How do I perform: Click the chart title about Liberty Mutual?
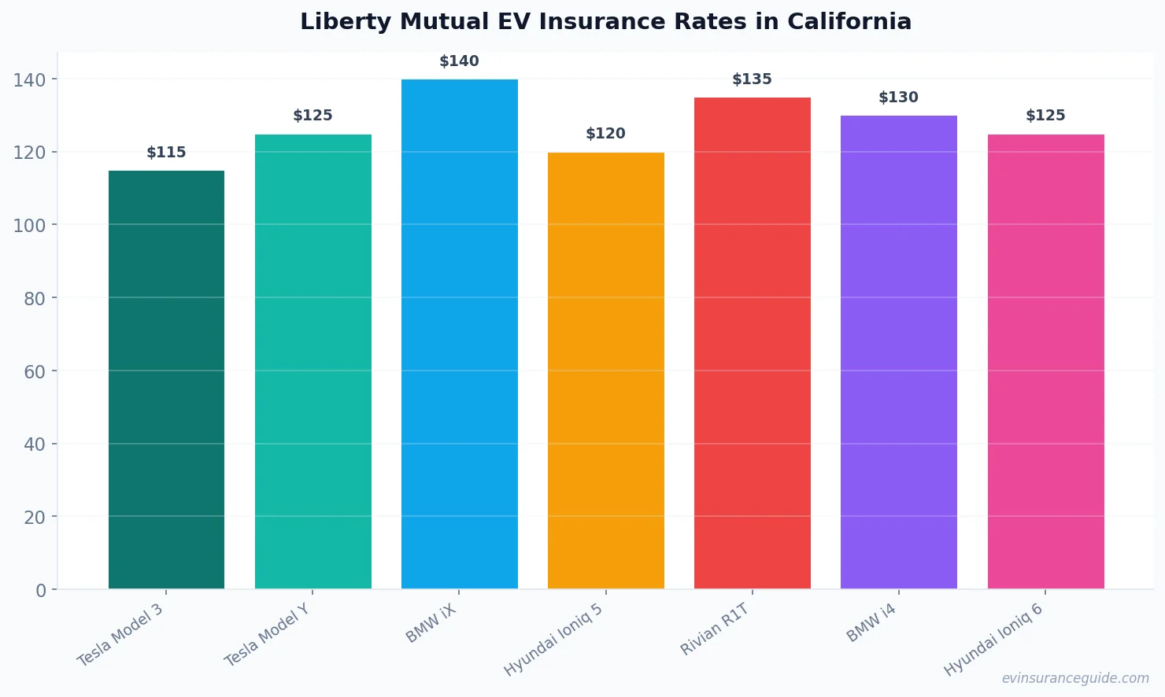tap(605, 21)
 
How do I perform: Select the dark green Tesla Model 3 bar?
tap(166, 379)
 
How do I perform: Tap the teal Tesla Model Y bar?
tap(313, 361)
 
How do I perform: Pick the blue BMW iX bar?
tap(459, 334)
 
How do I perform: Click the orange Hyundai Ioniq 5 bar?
tap(605, 371)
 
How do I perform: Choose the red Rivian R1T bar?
tap(752, 343)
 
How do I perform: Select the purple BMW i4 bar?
tap(898, 352)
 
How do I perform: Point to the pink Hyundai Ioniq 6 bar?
tap(1045, 361)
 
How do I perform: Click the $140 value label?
tap(459, 61)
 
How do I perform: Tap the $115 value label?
tap(166, 153)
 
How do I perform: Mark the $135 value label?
tap(752, 79)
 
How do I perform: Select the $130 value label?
tap(898, 98)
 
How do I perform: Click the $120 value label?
tap(605, 134)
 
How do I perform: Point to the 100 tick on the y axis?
tap(29, 225)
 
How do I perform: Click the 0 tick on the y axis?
tap(41, 590)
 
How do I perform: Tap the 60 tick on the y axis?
tap(35, 371)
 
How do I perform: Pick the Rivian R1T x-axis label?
tap(715, 629)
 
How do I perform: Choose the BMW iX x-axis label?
tap(431, 624)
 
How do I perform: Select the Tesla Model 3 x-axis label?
tap(120, 635)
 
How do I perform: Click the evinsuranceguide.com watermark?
tap(1075, 678)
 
